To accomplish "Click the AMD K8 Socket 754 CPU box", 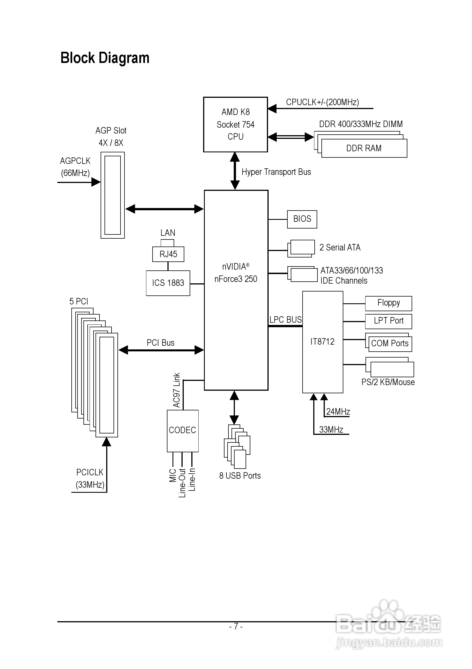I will point(235,125).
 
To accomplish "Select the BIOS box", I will point(302,219).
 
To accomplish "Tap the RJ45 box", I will point(168,254).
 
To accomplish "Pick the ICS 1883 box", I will point(168,283).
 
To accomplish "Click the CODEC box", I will point(183,430).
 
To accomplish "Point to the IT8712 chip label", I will point(322,342).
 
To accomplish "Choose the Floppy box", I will point(389,303).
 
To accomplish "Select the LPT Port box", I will point(389,321).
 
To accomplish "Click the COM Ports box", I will point(390,344).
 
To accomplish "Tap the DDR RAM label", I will point(364,148).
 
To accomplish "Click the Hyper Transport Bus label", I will point(276,172).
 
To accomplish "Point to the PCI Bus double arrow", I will point(161,350).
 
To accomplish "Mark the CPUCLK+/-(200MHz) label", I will point(322,102).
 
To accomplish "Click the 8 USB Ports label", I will point(240,476).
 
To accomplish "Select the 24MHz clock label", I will point(338,412).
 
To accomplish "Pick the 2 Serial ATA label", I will point(340,248).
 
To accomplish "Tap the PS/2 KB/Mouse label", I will point(388,382).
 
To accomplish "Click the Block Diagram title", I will point(105,58).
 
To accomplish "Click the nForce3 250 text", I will point(236,279).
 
